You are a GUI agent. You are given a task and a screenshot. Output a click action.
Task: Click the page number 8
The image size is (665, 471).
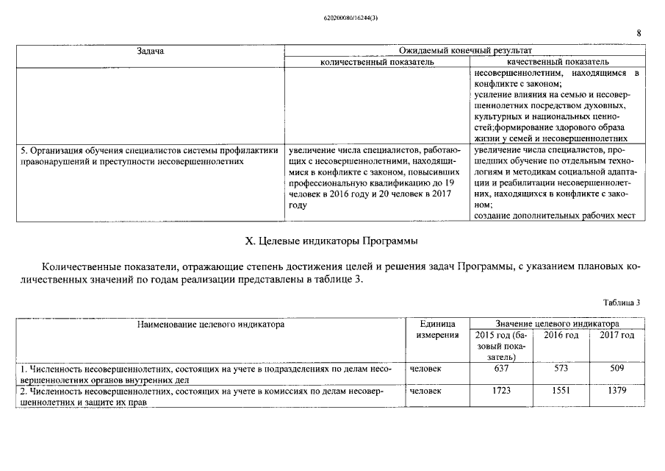point(639,33)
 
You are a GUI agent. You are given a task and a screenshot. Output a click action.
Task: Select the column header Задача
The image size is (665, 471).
point(150,51)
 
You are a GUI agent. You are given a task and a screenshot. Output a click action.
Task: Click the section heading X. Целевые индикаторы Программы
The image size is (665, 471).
point(331,241)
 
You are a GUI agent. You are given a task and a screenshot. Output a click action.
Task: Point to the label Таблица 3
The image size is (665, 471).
point(621,302)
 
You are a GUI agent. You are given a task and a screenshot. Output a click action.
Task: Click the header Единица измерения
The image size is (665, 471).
point(438,330)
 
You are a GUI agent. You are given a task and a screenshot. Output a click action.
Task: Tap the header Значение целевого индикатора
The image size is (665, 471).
point(556,324)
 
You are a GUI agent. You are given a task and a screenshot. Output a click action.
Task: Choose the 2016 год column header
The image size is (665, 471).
point(561,336)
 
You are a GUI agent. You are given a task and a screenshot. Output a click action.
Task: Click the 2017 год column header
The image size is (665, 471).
point(617,336)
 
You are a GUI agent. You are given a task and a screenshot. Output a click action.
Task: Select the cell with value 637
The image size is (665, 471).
point(500,369)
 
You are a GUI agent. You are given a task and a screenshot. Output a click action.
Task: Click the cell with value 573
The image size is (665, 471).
point(561,369)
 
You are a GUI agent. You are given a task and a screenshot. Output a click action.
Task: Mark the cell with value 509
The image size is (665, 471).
point(617,369)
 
